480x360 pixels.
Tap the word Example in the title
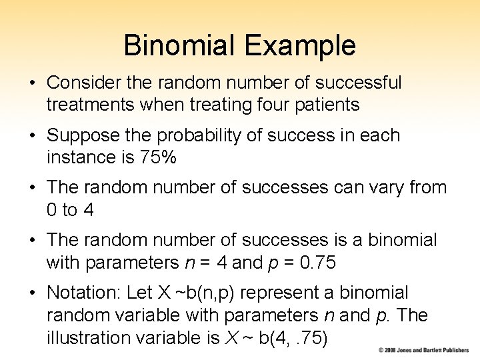[299, 45]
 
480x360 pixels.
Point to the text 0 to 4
[70, 210]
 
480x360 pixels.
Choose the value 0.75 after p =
[317, 263]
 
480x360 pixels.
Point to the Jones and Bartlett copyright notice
[423, 350]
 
